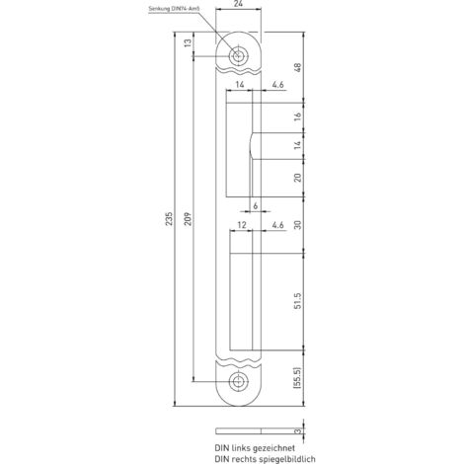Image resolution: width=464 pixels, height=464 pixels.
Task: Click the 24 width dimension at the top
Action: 238,4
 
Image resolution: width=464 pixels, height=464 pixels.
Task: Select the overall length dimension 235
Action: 169,219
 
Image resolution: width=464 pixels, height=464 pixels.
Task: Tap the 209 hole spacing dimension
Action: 188,219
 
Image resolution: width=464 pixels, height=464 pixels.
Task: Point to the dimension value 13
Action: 188,42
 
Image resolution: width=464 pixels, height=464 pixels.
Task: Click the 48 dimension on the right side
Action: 297,68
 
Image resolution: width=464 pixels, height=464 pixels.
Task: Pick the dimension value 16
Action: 297,116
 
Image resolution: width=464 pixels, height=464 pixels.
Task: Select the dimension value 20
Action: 297,178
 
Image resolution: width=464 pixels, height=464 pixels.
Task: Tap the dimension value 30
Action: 297,225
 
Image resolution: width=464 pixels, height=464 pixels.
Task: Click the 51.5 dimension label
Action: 297,301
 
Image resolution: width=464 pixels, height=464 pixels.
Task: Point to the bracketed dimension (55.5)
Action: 297,378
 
